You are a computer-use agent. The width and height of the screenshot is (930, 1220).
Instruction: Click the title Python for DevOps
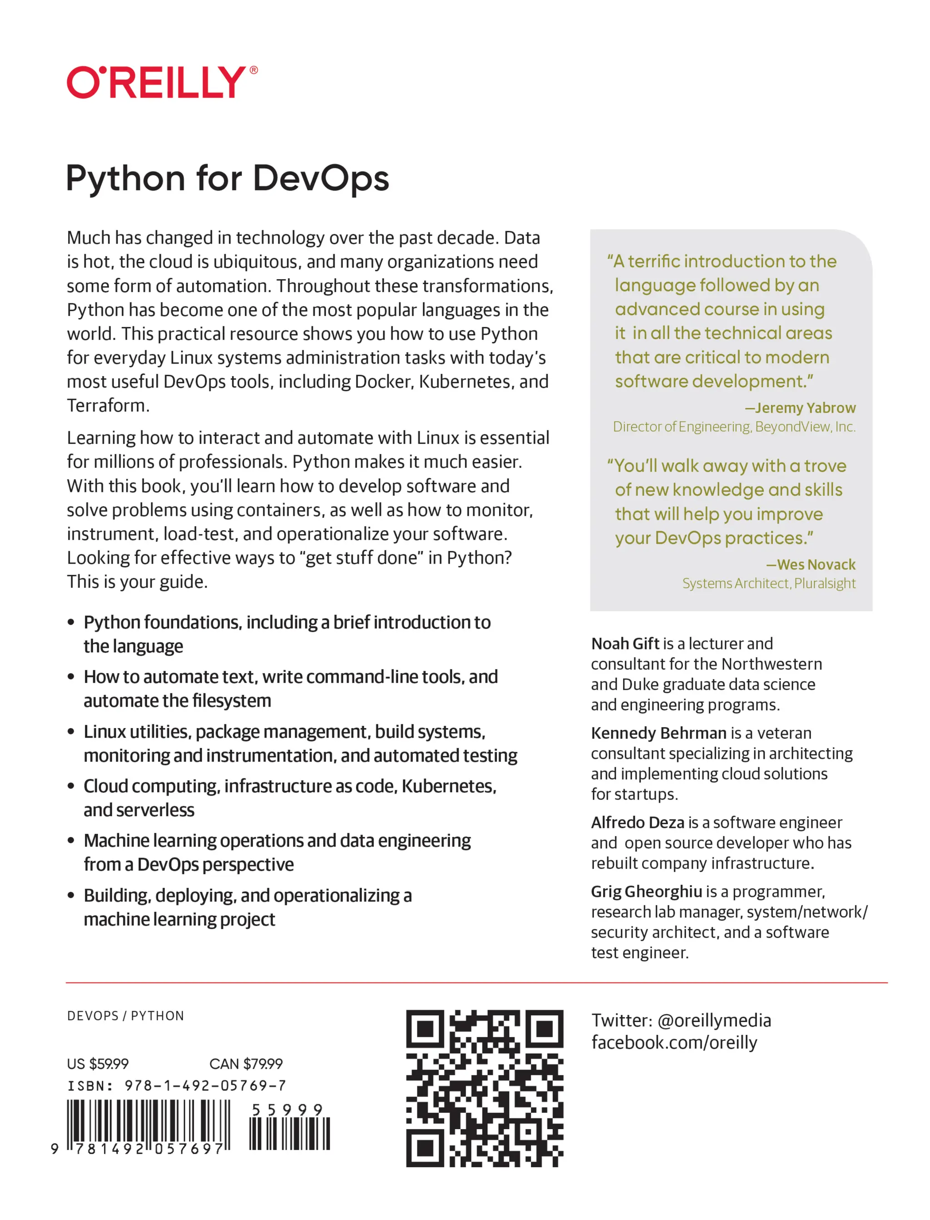click(x=227, y=178)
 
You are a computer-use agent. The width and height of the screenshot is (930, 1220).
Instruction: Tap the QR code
click(x=485, y=1088)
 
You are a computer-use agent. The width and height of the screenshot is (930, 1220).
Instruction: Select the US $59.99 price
click(x=98, y=1063)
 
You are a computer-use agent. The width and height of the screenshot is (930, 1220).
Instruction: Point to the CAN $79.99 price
click(x=246, y=1063)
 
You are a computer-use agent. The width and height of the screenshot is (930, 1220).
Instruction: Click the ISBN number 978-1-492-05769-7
click(x=205, y=1086)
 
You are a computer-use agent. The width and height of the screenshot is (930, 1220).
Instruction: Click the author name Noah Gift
click(x=625, y=644)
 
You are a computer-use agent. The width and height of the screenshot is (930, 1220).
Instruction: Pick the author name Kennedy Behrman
click(x=658, y=733)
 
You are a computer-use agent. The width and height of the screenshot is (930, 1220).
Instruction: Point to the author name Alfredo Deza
click(x=638, y=822)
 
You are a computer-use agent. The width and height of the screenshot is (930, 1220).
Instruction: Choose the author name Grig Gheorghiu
click(x=646, y=891)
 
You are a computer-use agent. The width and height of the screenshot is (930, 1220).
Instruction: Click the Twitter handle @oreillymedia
click(x=714, y=1020)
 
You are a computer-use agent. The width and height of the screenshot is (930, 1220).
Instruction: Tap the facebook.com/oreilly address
click(x=674, y=1043)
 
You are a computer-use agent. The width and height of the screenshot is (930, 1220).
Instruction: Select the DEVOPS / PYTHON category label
click(x=126, y=1016)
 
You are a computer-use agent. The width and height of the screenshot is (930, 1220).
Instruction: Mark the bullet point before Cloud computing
click(x=71, y=786)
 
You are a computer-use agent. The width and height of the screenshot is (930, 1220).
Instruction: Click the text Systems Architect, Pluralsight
click(x=768, y=583)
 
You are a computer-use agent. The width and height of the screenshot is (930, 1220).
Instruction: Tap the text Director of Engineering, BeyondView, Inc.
click(x=733, y=427)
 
